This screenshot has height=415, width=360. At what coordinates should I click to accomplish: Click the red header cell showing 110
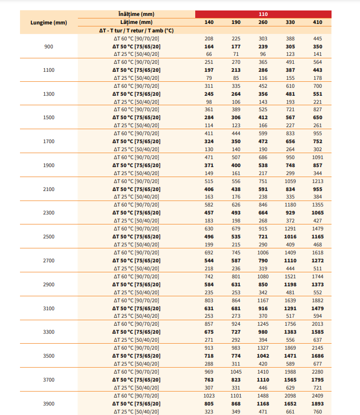pos(263,14)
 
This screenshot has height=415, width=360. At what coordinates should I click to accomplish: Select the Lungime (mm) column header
pos(48,22)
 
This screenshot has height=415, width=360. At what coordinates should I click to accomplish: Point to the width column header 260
pos(263,22)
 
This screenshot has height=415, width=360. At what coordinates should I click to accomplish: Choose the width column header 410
pos(318,22)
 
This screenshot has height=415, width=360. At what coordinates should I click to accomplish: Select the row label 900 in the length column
pos(48,46)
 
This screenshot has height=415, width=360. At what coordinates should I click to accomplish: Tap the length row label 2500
pos(48,236)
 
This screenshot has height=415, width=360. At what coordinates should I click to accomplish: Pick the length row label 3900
pos(48,404)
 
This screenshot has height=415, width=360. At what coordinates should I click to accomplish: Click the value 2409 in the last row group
pos(318,396)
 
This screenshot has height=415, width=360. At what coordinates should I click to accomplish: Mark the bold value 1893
pos(318,404)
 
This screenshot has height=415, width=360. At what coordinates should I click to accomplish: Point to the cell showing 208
pos(209,38)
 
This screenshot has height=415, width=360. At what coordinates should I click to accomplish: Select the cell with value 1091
pos(318,157)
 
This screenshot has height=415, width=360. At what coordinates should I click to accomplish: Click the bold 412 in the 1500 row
pos(263,118)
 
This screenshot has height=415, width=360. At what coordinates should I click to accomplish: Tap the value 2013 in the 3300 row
pos(318,324)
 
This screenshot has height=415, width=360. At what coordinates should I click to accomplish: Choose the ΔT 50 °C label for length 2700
pos(136,260)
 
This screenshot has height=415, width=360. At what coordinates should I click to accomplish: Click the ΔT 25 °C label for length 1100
pos(136,78)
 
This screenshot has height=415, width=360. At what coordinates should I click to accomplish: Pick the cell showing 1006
pos(263,252)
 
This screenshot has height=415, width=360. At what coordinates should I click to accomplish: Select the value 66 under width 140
pos(209,54)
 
